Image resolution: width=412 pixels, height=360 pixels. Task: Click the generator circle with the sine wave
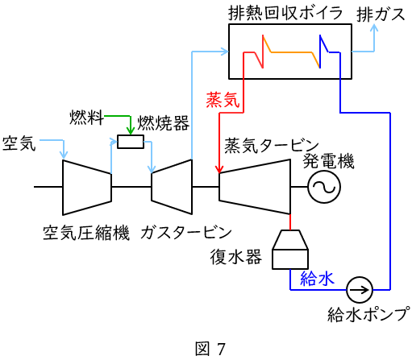click(324, 187)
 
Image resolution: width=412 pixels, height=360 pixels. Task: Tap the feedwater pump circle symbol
click(360, 290)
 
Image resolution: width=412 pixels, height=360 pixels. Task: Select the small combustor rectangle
click(131, 142)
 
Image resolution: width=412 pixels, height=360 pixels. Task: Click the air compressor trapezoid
click(87, 188)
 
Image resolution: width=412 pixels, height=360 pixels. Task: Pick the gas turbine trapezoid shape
click(172, 187)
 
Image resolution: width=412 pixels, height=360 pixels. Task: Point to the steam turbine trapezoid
click(255, 187)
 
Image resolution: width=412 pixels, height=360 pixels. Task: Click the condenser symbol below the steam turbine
click(290, 250)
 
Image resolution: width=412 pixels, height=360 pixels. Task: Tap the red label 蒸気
click(223, 100)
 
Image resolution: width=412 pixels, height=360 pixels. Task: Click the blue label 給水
click(317, 278)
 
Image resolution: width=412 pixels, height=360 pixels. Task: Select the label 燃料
click(86, 118)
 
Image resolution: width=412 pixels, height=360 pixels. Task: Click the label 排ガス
click(381, 14)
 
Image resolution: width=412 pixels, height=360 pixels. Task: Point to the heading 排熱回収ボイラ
click(285, 13)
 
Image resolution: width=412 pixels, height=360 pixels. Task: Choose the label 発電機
click(328, 161)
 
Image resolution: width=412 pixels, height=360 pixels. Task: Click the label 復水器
click(235, 257)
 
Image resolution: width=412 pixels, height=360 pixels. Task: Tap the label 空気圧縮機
click(86, 233)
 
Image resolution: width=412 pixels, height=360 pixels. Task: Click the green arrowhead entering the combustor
click(131, 131)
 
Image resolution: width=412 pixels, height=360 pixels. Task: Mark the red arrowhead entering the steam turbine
click(219, 170)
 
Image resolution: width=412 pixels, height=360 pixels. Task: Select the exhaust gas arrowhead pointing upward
click(374, 27)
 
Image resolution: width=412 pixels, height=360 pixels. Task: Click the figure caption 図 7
click(210, 349)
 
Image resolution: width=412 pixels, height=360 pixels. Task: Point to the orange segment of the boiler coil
click(292, 52)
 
